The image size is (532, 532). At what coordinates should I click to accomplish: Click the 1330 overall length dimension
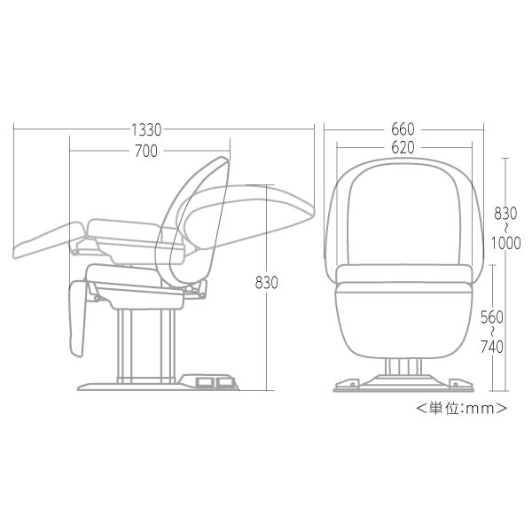pos(146,130)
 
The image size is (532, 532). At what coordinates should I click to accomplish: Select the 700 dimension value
pos(146,152)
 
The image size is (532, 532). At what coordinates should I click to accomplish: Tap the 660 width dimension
pos(403,129)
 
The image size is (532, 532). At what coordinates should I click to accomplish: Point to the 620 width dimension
pos(403,148)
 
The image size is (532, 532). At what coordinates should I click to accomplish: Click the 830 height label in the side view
pos(266,283)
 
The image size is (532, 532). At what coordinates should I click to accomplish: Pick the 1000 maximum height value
pos(506,243)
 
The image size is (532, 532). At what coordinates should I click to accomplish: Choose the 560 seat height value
pos(492,317)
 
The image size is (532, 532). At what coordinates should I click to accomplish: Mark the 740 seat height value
pos(492,347)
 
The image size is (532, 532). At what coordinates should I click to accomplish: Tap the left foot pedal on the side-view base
pos(204,382)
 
